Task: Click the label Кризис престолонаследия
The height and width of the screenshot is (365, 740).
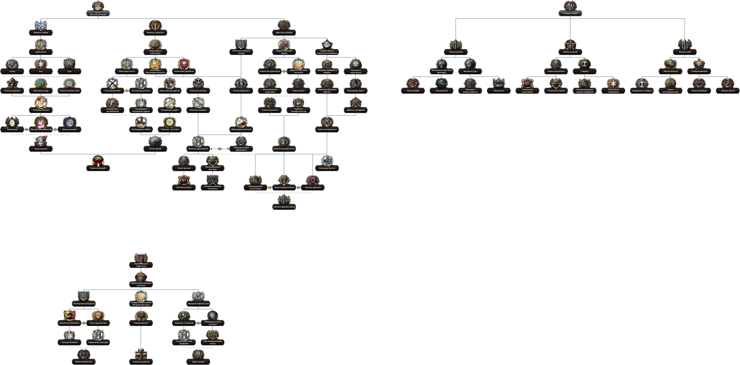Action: click(x=98, y=13)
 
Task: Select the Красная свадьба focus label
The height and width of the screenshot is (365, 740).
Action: click(x=98, y=168)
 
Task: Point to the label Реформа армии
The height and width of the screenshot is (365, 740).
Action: click(x=570, y=13)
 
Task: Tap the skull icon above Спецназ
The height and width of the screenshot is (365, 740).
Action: click(x=584, y=64)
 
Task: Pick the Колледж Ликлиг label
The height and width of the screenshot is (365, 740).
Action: click(x=327, y=168)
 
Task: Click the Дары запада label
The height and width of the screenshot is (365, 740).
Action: click(x=198, y=362)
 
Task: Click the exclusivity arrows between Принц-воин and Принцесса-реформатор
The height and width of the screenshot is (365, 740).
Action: click(x=26, y=129)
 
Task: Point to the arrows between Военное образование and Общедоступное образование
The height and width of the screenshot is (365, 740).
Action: click(x=220, y=149)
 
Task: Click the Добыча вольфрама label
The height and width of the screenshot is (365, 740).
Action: click(x=356, y=110)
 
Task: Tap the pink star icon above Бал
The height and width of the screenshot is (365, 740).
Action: click(x=41, y=64)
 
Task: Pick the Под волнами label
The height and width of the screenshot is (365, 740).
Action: click(x=442, y=91)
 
